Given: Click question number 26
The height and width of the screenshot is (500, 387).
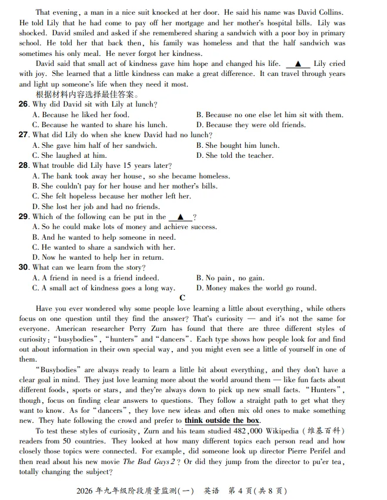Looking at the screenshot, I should [24, 104].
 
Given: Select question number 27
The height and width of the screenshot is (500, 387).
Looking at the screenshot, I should [24, 135].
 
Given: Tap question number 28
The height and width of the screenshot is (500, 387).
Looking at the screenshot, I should [24, 165].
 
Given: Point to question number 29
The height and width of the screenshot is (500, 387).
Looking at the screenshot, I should [24, 217].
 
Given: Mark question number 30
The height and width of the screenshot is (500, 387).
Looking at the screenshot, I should [24, 267].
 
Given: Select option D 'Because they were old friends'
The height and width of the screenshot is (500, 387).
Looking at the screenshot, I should [251, 125].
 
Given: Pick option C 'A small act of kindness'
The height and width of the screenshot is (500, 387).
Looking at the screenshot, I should [104, 288].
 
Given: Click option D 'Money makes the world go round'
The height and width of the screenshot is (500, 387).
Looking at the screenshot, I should [256, 288].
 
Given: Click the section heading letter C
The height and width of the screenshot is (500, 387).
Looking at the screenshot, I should [182, 298].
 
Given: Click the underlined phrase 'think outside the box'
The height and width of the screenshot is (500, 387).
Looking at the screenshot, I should [222, 420].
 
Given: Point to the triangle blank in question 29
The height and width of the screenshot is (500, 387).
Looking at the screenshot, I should [180, 217].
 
